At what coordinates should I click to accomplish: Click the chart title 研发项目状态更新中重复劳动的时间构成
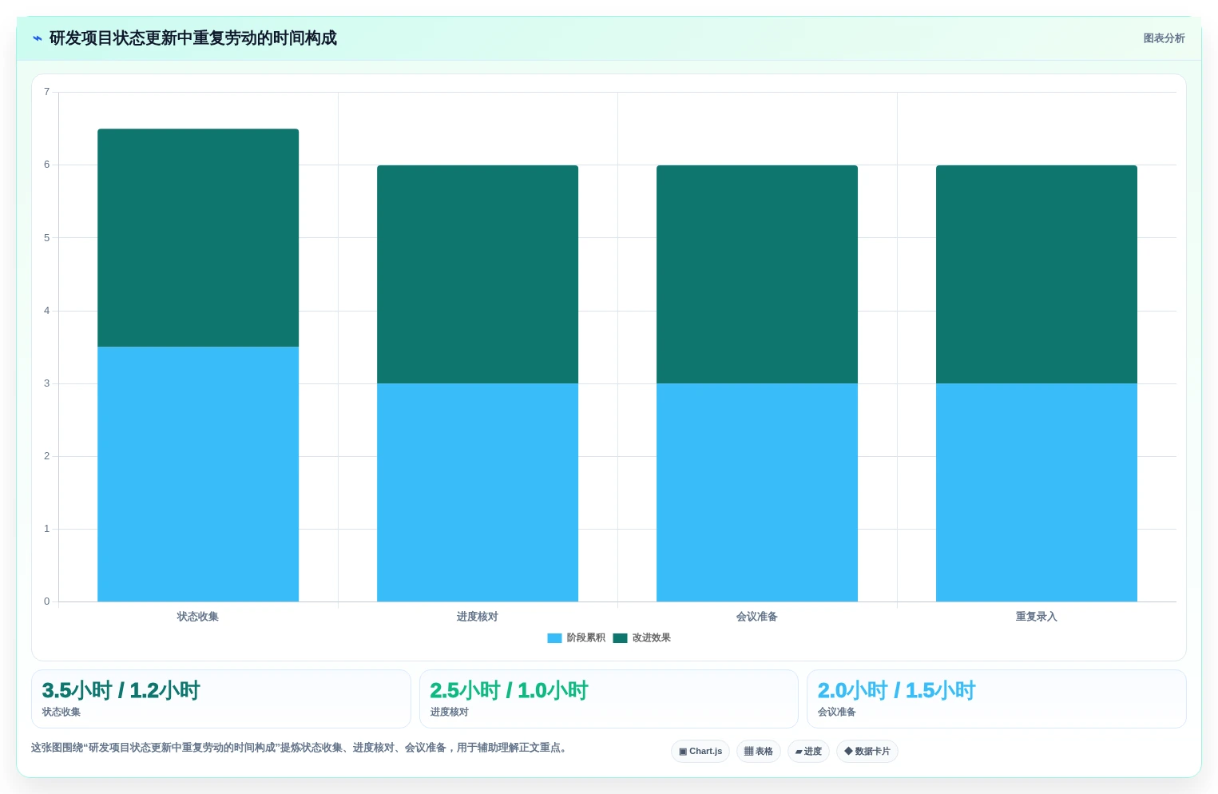193,38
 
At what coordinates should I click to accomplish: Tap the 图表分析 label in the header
1164,38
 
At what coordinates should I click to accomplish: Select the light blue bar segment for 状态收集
198,474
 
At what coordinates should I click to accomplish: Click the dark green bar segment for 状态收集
198,238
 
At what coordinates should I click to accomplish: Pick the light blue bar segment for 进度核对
478,492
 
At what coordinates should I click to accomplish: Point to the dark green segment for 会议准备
757,274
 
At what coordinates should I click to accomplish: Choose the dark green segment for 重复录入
1037,274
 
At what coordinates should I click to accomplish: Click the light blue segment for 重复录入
1037,492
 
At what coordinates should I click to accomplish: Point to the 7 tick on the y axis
47,91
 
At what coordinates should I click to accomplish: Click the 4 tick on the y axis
47,311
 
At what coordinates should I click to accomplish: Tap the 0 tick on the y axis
47,601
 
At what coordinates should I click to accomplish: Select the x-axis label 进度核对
478,616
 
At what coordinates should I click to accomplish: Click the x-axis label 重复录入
1037,616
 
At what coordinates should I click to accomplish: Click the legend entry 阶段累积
577,637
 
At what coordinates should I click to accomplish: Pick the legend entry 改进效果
642,637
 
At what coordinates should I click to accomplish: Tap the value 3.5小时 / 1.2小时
121,690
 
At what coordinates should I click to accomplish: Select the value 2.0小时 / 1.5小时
897,690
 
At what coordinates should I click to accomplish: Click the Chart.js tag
700,751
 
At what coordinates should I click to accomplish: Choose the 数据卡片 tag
867,751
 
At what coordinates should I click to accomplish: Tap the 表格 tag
759,751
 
